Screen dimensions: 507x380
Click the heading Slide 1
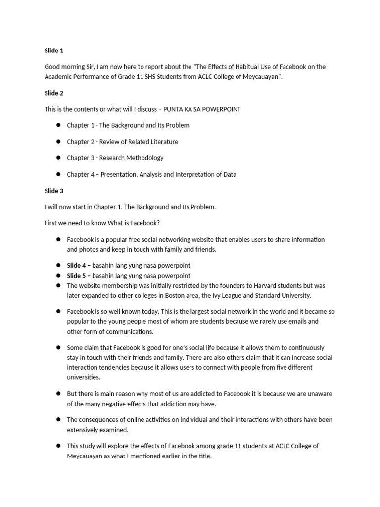tap(54, 51)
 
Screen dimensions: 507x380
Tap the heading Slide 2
tap(54, 93)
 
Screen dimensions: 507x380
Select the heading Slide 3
tap(54, 191)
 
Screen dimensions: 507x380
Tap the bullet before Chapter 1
tap(58, 125)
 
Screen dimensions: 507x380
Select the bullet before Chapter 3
tap(58, 158)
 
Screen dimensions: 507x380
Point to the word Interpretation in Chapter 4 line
tap(200, 174)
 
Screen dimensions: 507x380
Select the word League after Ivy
tap(234, 296)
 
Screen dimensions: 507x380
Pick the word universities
tap(84, 377)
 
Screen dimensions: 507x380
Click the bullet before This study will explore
tap(58, 446)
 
